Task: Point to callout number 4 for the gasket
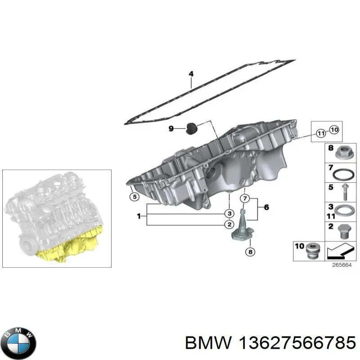[191, 74]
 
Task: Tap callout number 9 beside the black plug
[171, 129]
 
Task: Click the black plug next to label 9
[191, 128]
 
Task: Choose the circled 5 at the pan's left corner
[133, 196]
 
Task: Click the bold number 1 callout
[139, 216]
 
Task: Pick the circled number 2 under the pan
[229, 224]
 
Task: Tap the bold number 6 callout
[266, 207]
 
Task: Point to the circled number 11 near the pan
[320, 133]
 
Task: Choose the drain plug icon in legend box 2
[343, 230]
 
